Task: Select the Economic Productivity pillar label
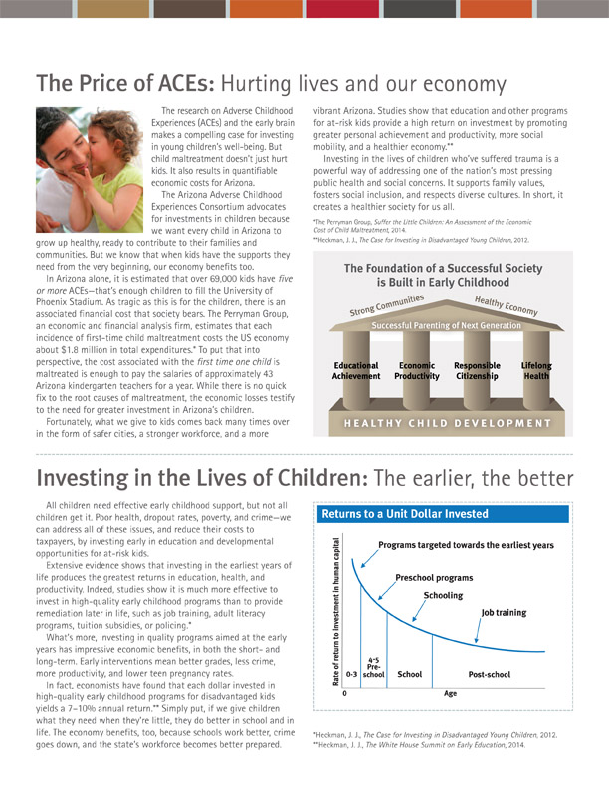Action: point(418,371)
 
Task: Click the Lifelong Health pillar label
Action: point(537,371)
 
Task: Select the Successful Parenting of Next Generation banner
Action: point(446,325)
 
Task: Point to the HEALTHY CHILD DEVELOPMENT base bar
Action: point(446,422)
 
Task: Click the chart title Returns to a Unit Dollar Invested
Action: point(404,514)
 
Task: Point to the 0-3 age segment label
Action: point(351,674)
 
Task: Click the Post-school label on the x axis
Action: point(490,674)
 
